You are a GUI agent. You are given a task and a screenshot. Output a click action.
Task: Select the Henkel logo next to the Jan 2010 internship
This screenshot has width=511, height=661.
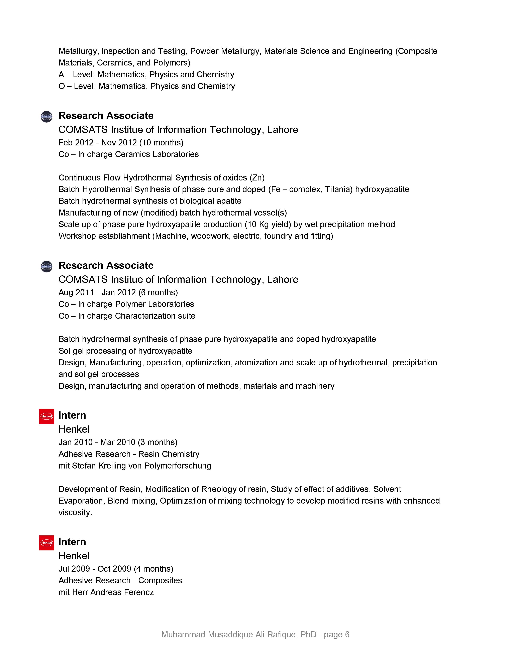(x=47, y=416)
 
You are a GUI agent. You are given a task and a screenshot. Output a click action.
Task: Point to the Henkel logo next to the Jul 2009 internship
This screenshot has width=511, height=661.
(x=47, y=543)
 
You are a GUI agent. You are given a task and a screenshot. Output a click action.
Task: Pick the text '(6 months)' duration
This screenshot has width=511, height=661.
(x=158, y=292)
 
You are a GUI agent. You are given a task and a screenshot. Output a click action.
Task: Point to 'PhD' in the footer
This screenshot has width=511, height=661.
(x=308, y=634)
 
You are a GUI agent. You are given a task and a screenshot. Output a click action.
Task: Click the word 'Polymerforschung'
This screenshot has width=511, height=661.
(x=178, y=466)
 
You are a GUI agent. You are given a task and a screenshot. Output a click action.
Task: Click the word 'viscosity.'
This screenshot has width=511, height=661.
(x=75, y=512)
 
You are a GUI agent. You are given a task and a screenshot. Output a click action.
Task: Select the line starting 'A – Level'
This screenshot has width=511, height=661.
(x=146, y=75)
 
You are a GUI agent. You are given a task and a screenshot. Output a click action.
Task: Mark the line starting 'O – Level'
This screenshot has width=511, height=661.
(x=146, y=86)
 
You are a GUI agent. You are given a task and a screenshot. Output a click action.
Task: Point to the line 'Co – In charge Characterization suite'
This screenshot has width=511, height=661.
(x=127, y=316)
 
